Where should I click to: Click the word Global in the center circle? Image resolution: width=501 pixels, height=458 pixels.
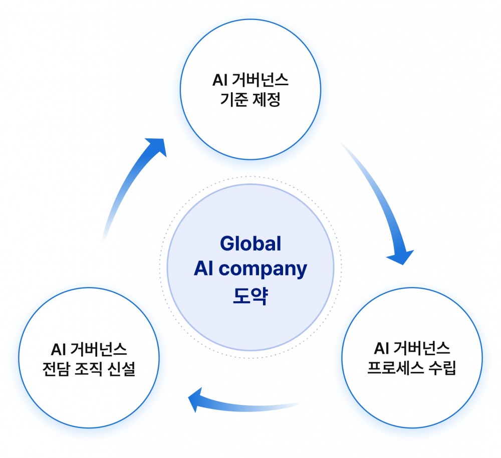pyautogui.click(x=250, y=244)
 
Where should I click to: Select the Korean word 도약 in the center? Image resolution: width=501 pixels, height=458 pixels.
pyautogui.click(x=250, y=296)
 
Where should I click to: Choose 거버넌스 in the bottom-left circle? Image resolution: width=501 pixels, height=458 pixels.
pyautogui.click(x=99, y=349)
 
